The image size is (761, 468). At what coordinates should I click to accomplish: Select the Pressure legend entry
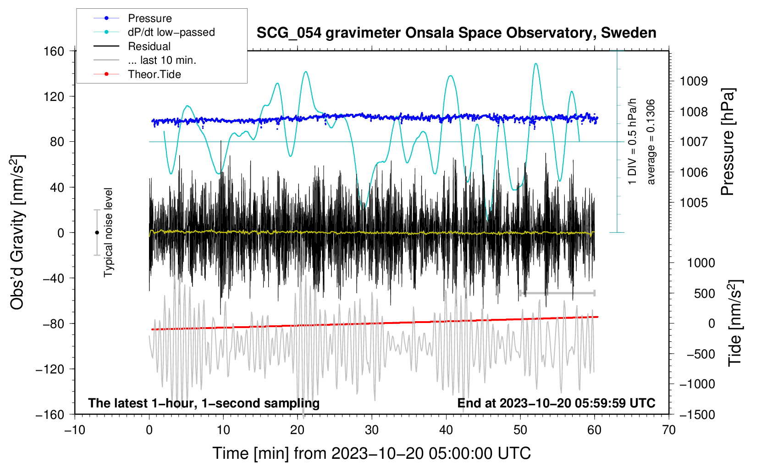tap(132, 18)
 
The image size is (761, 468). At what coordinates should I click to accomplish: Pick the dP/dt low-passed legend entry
tap(154, 32)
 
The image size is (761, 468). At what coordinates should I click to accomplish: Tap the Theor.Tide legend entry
tap(137, 74)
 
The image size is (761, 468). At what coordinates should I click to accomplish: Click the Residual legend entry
tap(132, 46)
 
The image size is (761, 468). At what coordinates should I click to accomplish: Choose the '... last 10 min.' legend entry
tap(145, 60)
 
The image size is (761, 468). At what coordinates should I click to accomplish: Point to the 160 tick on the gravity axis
tap(54, 51)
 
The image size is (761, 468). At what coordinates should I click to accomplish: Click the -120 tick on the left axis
tap(50, 369)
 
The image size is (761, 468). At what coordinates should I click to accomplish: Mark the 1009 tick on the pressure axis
tap(694, 81)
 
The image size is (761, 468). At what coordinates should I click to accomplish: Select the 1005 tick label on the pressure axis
tap(694, 203)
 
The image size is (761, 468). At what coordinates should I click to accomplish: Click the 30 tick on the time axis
tap(372, 430)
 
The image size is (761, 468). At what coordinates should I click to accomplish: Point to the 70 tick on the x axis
tap(668, 430)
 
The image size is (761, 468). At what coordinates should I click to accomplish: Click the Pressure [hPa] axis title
tap(728, 142)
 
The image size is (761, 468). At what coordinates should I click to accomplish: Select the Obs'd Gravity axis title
tap(17, 232)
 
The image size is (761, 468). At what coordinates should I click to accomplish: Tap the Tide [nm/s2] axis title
tap(735, 323)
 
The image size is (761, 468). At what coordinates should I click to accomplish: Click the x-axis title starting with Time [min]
tap(372, 453)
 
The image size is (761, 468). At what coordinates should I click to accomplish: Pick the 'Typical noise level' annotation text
tap(108, 232)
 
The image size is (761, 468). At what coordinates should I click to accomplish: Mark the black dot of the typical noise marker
tap(97, 233)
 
